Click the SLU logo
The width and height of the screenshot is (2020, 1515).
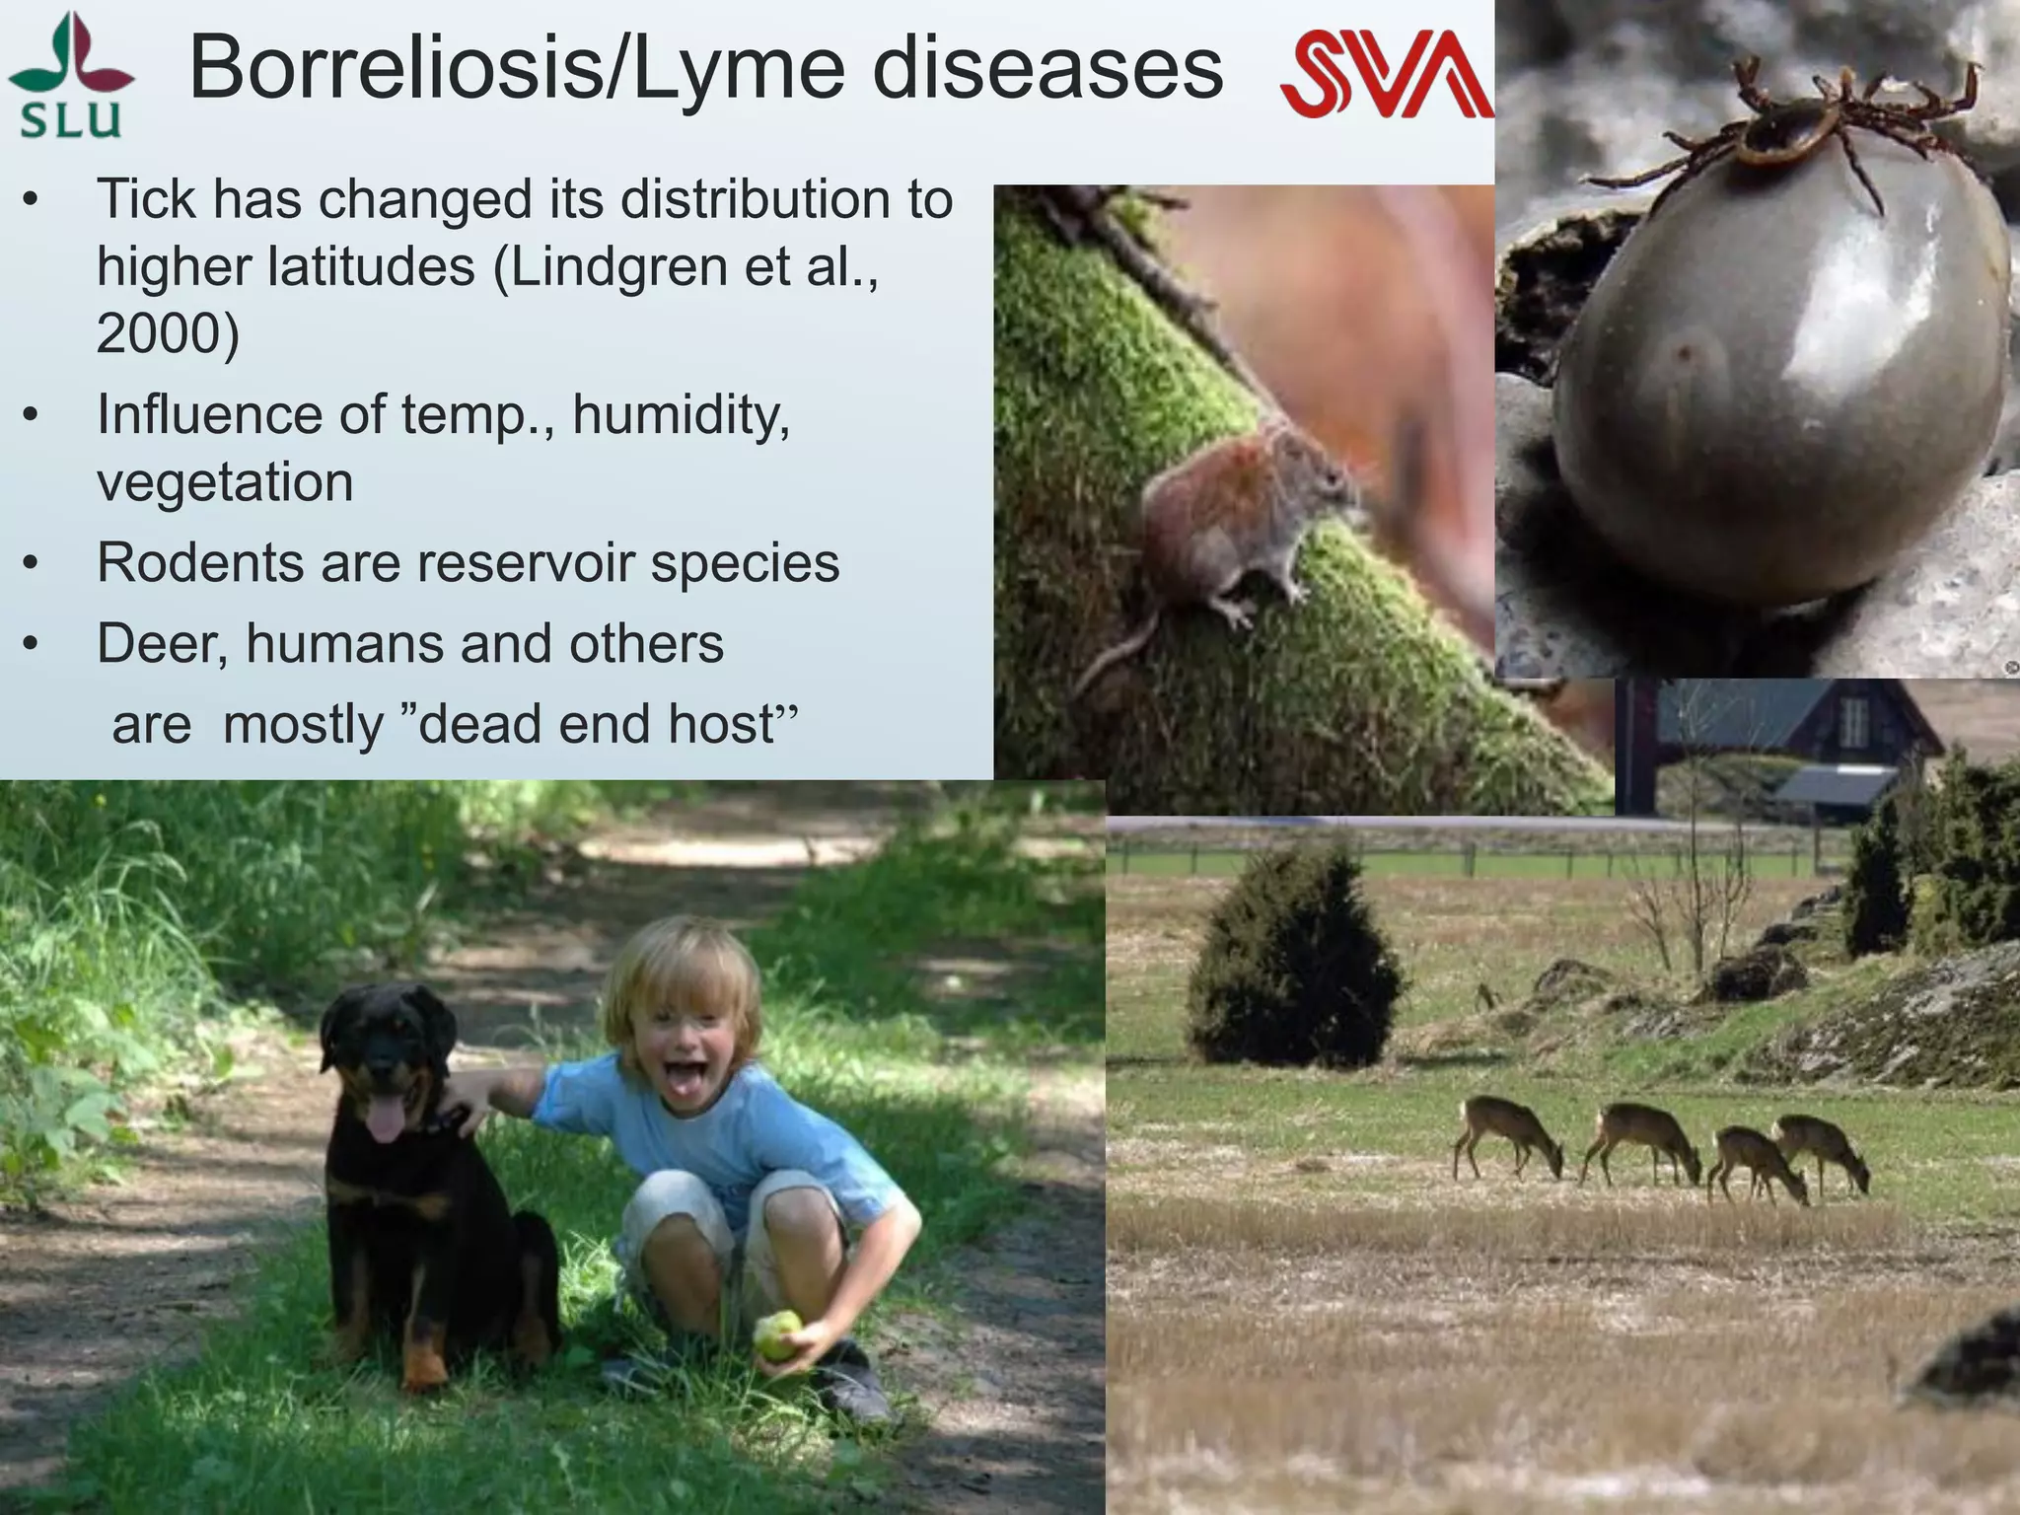click(x=70, y=76)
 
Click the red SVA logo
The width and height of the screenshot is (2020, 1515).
click(x=1386, y=74)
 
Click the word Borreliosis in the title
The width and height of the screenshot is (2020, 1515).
click(x=395, y=68)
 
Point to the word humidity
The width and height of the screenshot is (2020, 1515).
click(x=681, y=414)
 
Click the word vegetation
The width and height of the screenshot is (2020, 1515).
click(x=225, y=482)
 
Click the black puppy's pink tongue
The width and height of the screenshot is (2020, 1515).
click(x=386, y=1121)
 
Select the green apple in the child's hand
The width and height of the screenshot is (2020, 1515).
click(x=777, y=1335)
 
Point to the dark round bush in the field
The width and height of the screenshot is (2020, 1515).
click(x=1291, y=962)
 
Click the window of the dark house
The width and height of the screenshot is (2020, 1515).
click(x=1854, y=722)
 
